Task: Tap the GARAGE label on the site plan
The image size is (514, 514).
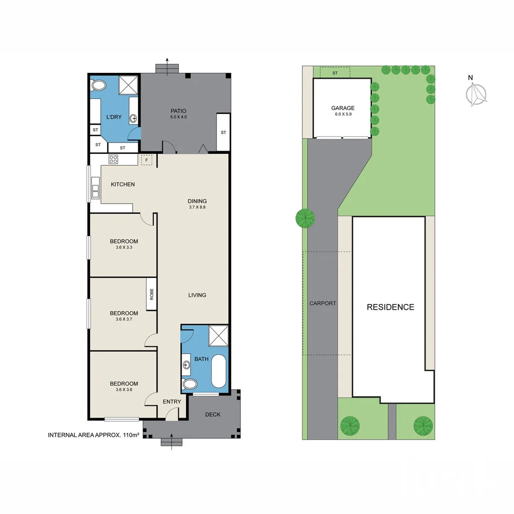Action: point(343,108)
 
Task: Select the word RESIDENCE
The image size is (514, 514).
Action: point(390,307)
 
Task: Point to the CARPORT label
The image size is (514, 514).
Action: point(323,303)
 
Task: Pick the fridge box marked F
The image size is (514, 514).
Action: point(147,160)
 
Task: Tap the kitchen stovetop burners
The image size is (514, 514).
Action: point(113,159)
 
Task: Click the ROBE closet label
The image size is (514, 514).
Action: point(152,294)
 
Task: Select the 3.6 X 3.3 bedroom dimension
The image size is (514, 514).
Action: point(123,247)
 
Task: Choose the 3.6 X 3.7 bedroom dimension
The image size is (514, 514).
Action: point(124,319)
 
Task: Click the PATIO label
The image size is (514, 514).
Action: point(178,111)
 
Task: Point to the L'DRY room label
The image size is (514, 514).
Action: point(113,117)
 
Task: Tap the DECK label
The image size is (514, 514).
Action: point(213,415)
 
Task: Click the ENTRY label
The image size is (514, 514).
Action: point(172,402)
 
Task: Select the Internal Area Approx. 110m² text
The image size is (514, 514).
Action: point(93,435)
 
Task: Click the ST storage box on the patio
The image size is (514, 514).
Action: point(223,132)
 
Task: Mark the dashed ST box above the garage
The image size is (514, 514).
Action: point(335,73)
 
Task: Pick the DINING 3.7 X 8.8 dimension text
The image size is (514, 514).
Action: point(197,207)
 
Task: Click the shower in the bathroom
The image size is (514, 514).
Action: point(219,336)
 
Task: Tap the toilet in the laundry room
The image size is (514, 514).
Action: point(99,86)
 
